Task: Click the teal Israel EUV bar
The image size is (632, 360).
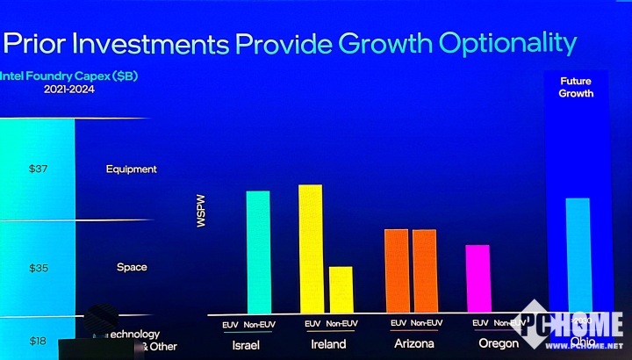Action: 257,251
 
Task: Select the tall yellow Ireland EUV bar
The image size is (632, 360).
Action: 311,248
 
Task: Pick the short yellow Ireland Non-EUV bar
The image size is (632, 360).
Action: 341,289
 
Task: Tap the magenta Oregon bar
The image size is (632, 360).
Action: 478,277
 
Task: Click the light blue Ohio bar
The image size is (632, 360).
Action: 577,255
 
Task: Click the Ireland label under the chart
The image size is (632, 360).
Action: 329,344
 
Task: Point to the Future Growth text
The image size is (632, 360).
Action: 577,87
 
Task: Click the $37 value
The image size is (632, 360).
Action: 38,169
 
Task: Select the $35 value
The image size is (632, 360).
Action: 38,267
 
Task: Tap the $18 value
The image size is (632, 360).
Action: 38,341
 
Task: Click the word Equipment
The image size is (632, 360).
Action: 131,169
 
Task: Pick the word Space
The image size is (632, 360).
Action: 132,267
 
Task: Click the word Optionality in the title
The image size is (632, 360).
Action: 503,42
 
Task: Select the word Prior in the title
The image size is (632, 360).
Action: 34,43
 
